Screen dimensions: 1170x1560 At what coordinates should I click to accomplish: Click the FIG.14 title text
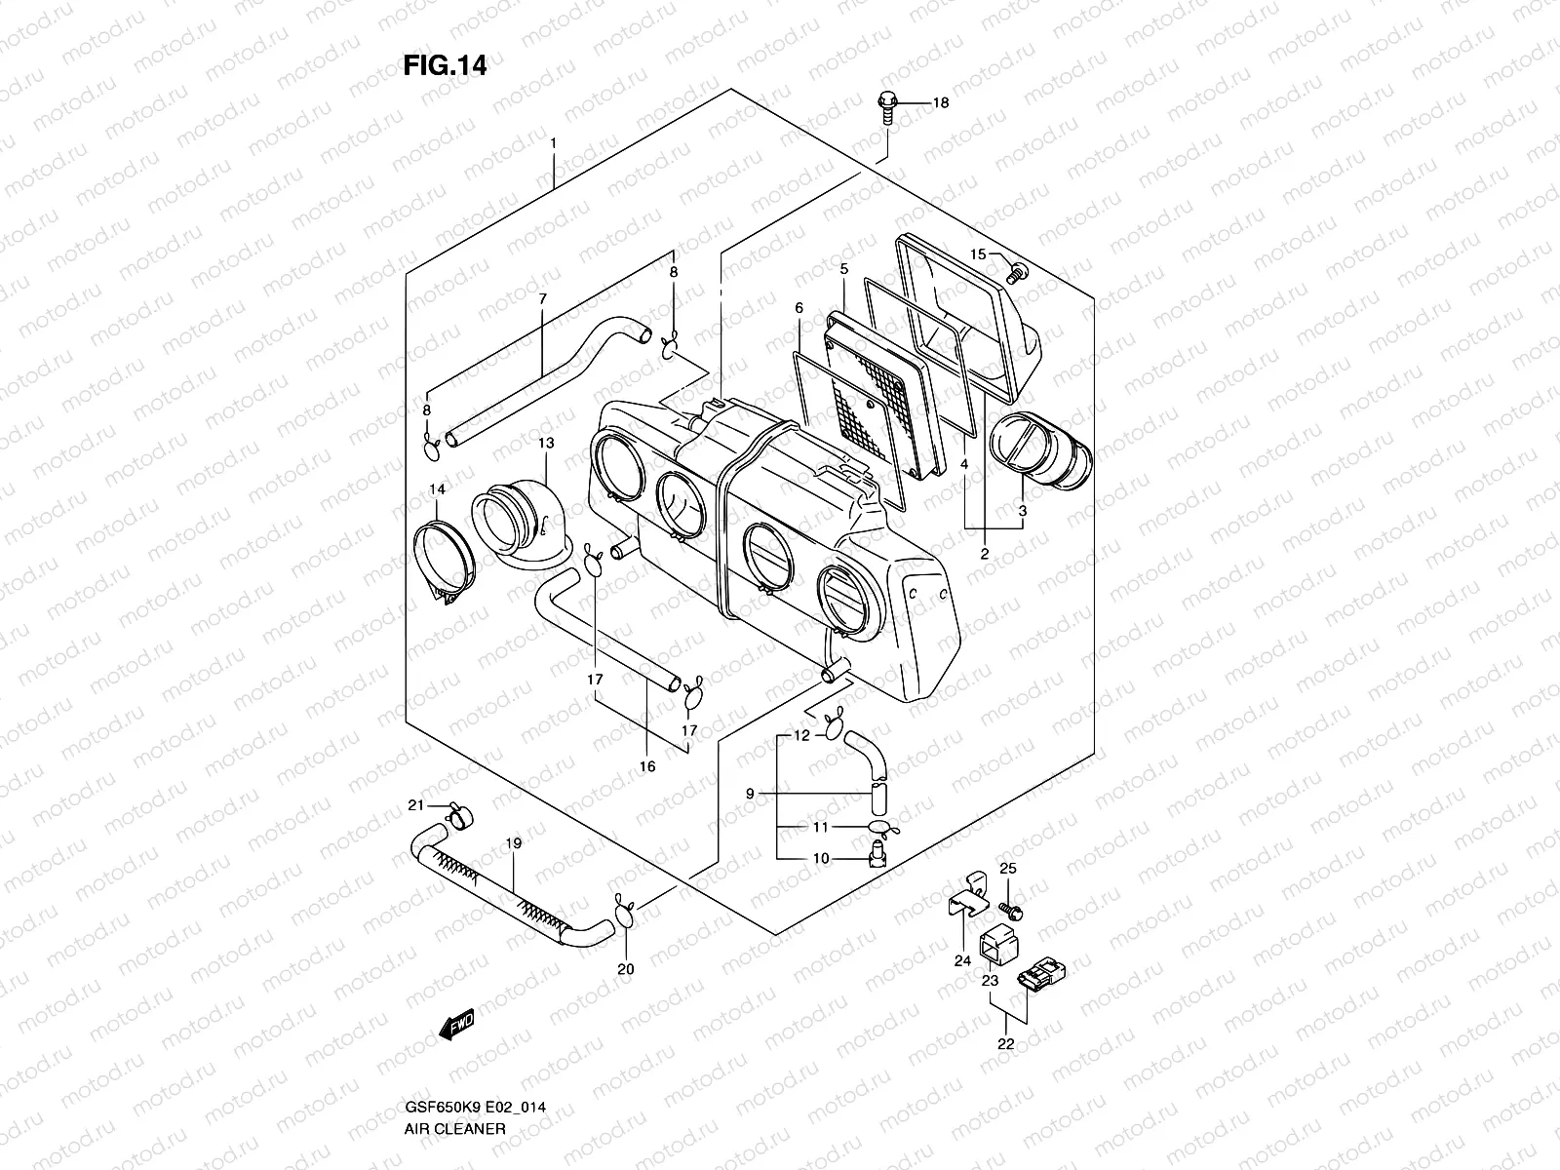pyautogui.click(x=445, y=65)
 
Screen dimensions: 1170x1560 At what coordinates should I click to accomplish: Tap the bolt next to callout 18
pyautogui.click(x=886, y=106)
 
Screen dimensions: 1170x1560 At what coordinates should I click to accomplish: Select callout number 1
pyautogui.click(x=553, y=144)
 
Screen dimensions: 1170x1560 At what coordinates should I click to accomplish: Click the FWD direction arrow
pyautogui.click(x=456, y=1024)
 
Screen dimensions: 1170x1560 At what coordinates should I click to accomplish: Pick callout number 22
pyautogui.click(x=1005, y=1044)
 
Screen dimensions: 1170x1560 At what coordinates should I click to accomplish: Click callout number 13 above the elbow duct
pyautogui.click(x=545, y=444)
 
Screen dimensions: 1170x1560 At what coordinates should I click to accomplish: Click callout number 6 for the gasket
pyautogui.click(x=799, y=309)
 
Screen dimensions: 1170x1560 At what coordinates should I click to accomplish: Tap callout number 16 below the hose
pyautogui.click(x=647, y=767)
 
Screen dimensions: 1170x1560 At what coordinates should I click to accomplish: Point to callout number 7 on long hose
pyautogui.click(x=542, y=298)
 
